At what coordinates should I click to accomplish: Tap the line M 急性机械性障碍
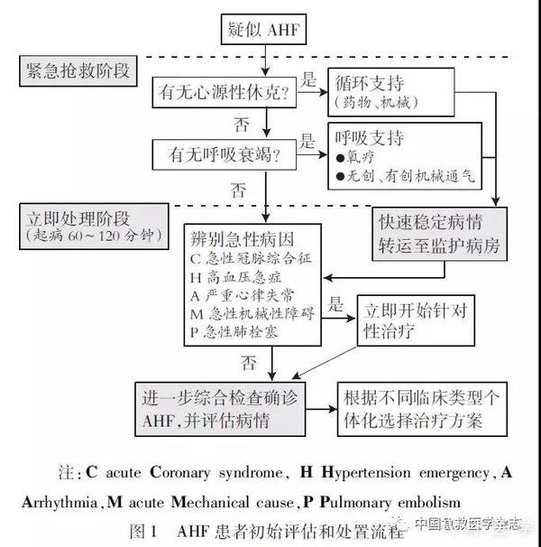pos(248,313)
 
